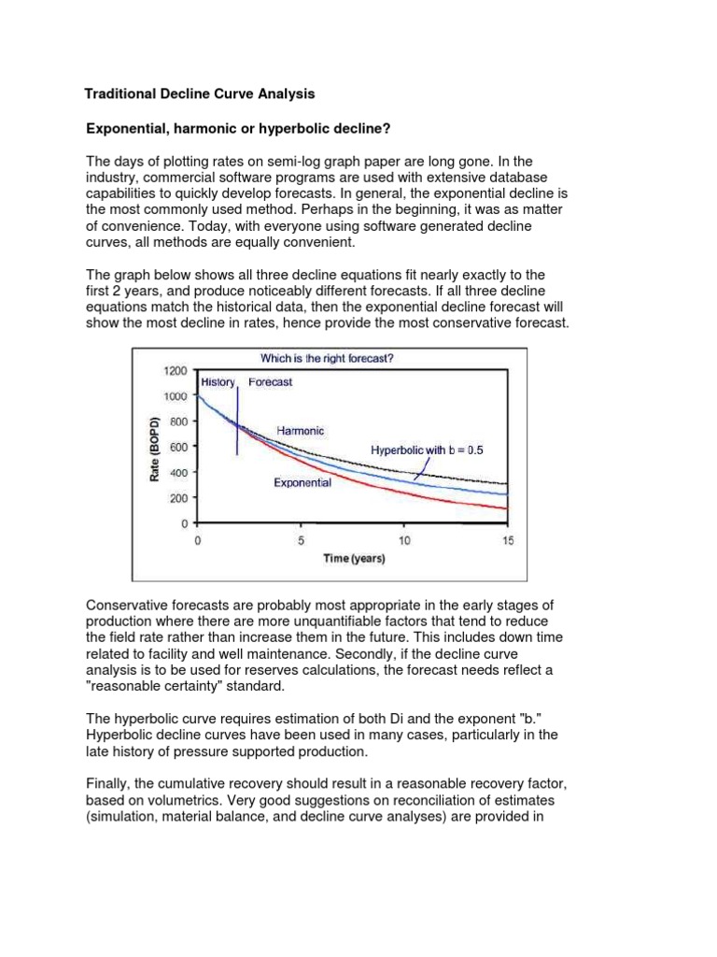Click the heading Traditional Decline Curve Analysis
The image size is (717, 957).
(x=200, y=94)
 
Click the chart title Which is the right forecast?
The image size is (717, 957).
(x=339, y=358)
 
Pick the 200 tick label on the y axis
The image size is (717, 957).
(x=179, y=498)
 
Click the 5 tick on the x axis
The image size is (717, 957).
(x=301, y=540)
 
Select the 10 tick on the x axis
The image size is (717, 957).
(x=404, y=540)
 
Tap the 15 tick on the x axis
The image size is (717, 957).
(x=508, y=540)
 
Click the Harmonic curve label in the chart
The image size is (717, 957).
(x=301, y=430)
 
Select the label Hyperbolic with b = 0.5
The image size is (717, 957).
(x=427, y=450)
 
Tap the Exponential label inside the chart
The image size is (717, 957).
(x=302, y=483)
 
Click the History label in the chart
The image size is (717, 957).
(x=218, y=382)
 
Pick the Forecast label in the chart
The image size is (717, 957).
(x=270, y=382)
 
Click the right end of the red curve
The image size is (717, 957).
(x=507, y=508)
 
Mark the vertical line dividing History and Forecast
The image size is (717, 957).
(x=237, y=421)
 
